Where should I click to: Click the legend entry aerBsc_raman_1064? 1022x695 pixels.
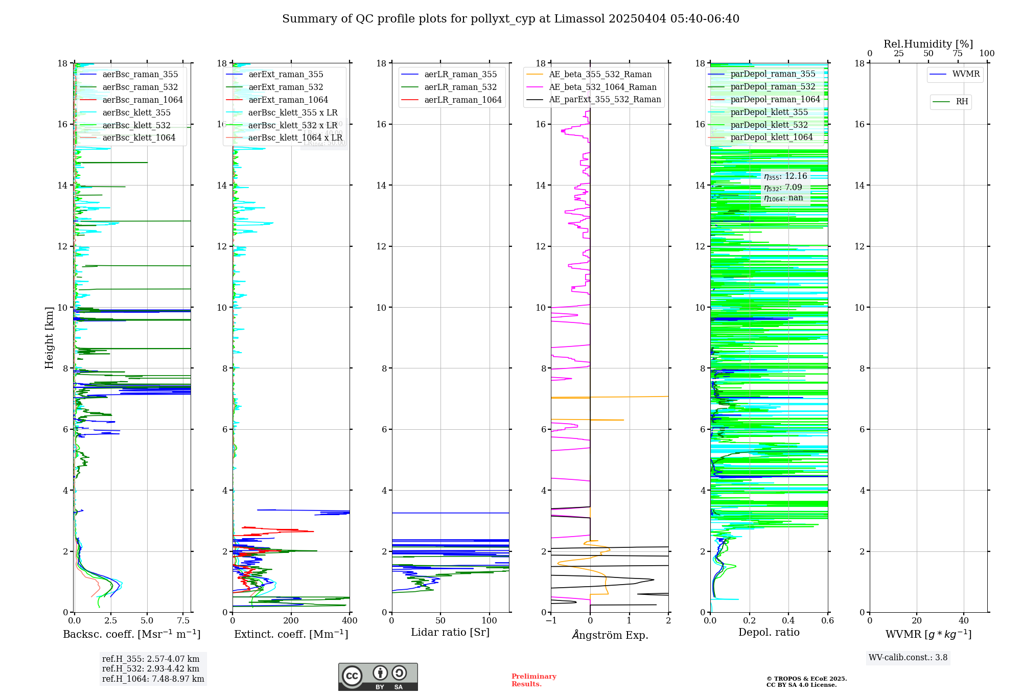click(x=143, y=100)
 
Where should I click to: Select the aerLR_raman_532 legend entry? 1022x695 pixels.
click(x=460, y=87)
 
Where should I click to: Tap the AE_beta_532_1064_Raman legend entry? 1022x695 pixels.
click(x=602, y=87)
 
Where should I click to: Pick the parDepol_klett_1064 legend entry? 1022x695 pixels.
click(x=771, y=137)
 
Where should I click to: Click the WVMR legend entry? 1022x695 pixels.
click(x=966, y=74)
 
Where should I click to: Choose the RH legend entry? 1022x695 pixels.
click(x=962, y=102)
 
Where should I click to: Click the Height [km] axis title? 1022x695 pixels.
click(x=49, y=338)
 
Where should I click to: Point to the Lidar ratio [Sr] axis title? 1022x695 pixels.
click(x=450, y=633)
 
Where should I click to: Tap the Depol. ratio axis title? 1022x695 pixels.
click(x=769, y=633)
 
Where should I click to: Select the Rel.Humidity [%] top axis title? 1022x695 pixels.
click(x=928, y=44)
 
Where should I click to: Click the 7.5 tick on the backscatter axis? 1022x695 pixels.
click(x=183, y=621)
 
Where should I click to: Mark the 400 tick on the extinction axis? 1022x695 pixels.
click(x=350, y=621)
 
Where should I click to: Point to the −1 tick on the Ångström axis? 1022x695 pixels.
click(x=551, y=621)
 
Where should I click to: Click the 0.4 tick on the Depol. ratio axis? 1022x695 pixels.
click(x=788, y=621)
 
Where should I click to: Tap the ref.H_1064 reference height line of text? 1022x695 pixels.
click(x=153, y=679)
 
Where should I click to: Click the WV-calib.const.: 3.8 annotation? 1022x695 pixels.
click(x=908, y=658)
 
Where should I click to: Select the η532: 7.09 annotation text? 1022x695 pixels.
click(x=783, y=188)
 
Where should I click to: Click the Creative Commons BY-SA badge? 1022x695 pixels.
click(x=378, y=677)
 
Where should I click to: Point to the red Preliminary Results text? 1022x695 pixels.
click(x=533, y=680)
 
